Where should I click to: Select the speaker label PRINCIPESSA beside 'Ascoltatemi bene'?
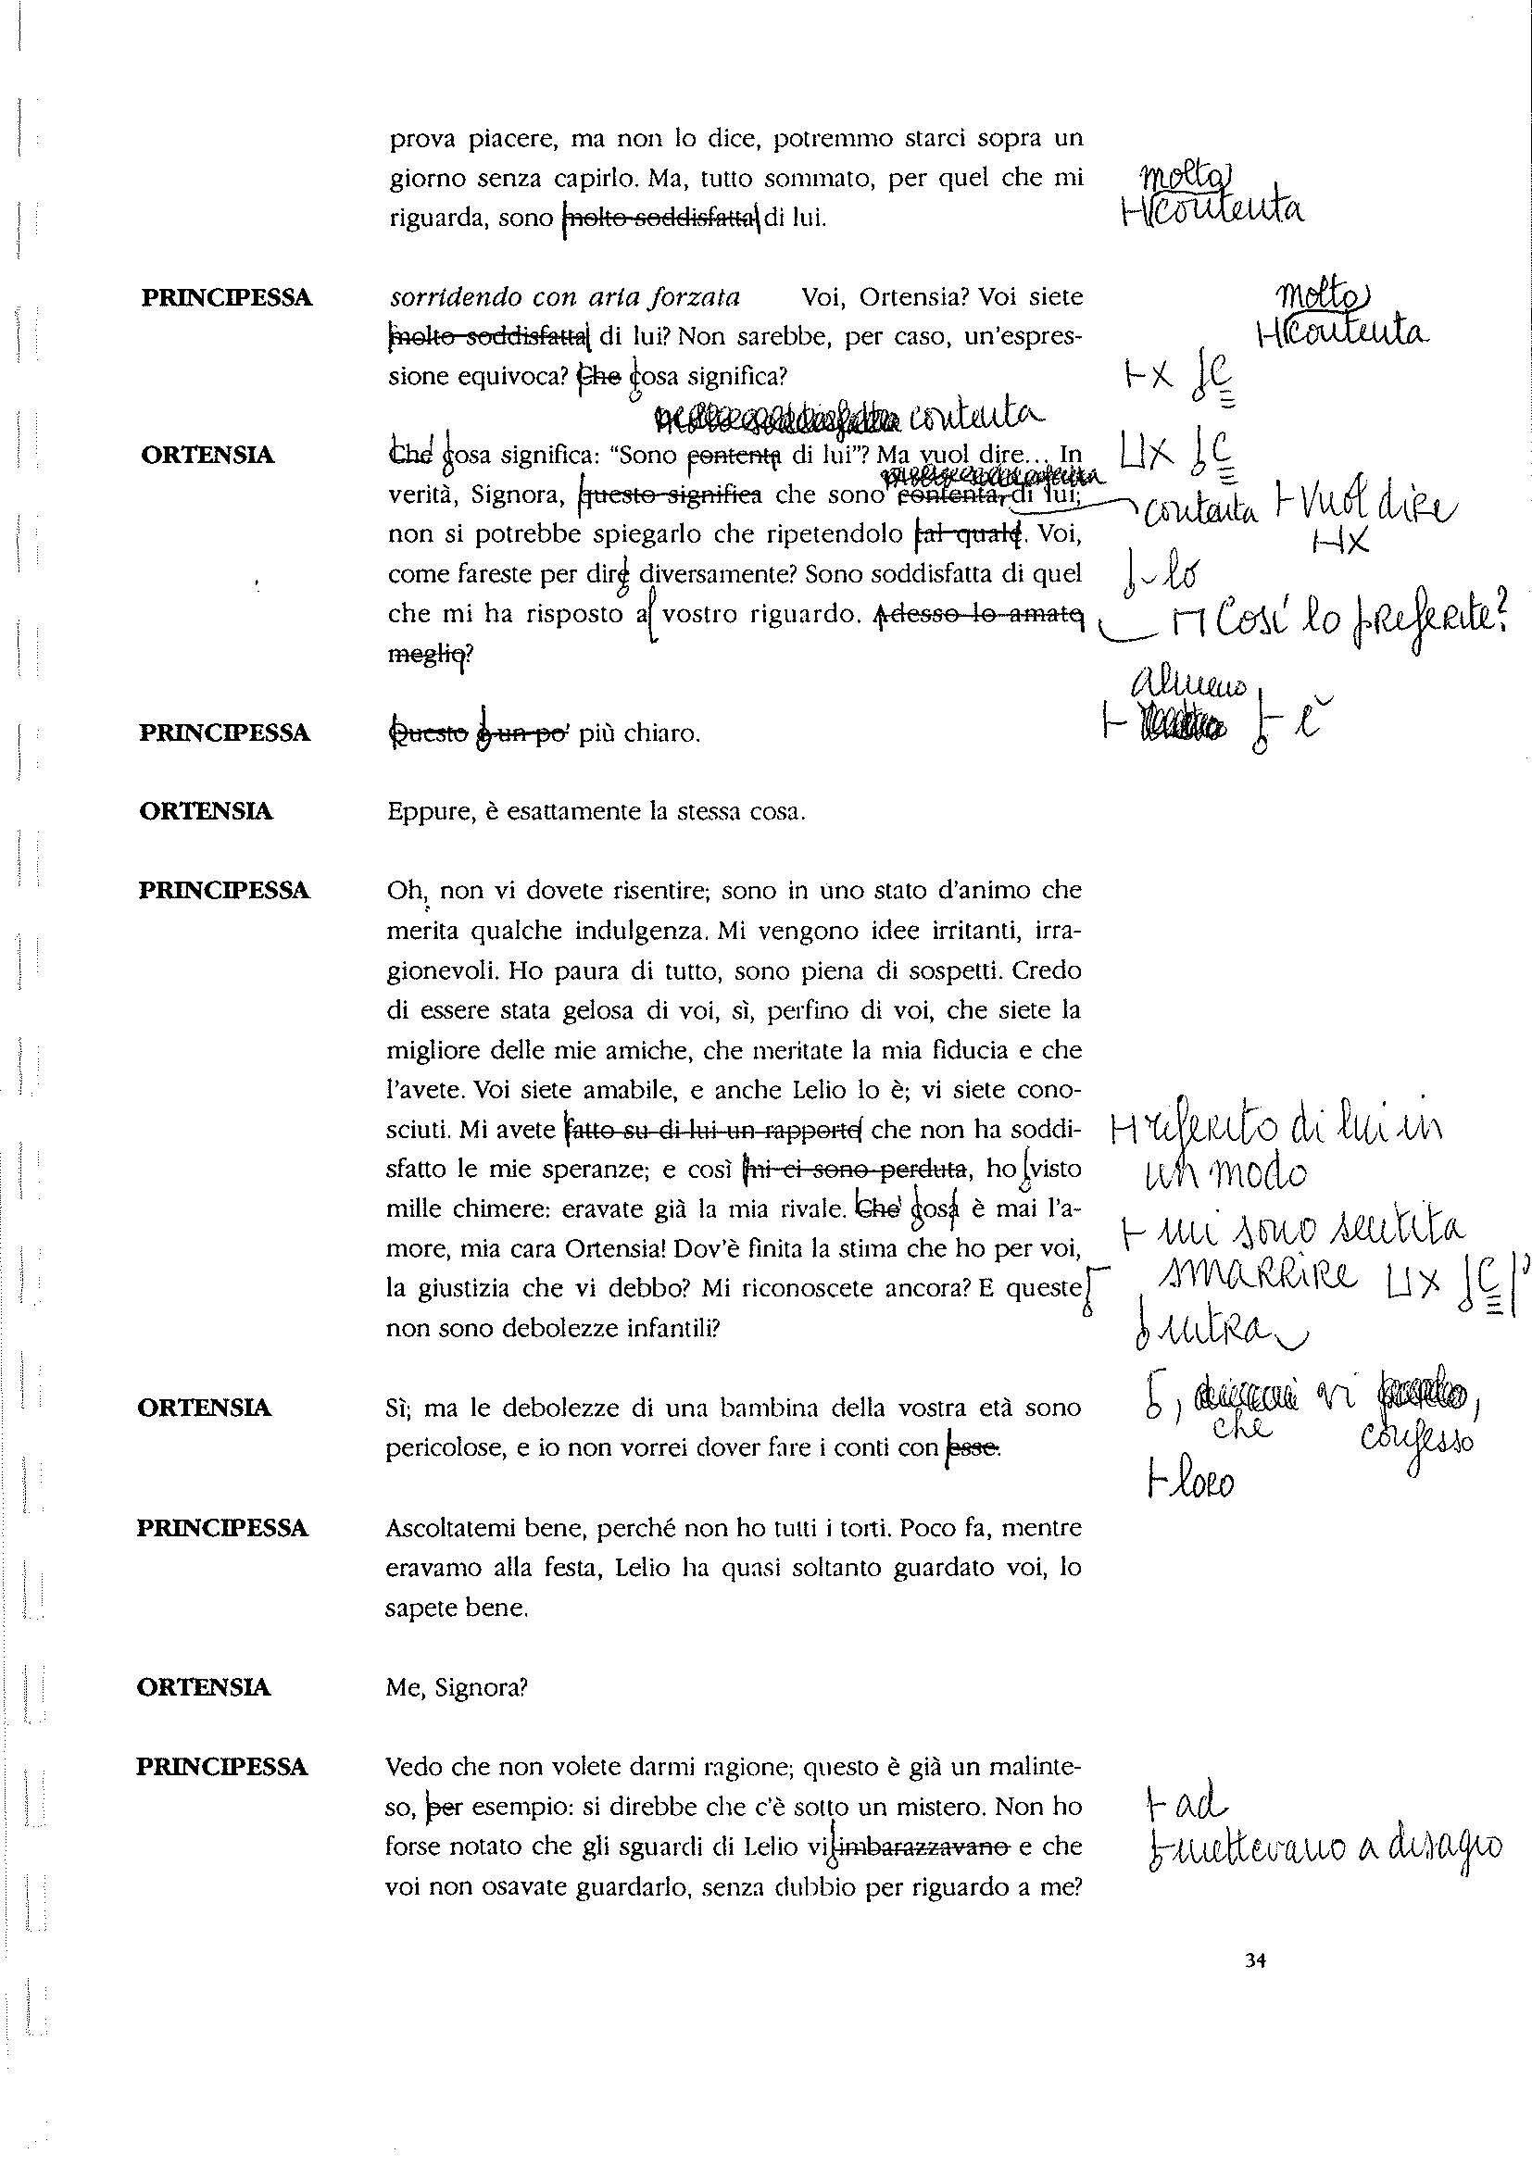(222, 1527)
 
